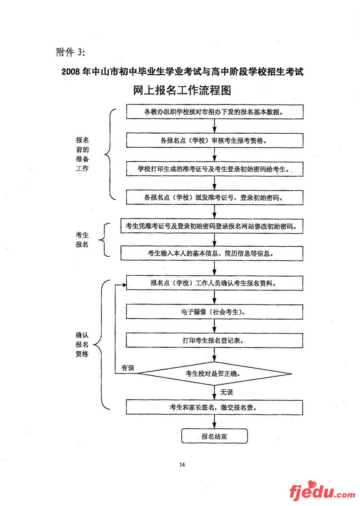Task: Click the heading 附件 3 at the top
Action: tap(70, 52)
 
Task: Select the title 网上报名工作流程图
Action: tap(182, 90)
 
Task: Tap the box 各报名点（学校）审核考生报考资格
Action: tap(215, 140)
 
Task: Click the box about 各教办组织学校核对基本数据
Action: tap(215, 112)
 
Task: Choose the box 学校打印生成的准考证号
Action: tap(215, 169)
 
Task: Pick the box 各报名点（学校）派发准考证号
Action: tap(215, 197)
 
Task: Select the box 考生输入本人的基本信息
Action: tap(212, 253)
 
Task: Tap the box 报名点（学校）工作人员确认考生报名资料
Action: tap(215, 283)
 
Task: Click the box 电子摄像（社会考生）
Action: tap(215, 312)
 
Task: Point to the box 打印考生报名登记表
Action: tap(215, 340)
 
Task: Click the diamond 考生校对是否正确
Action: tap(215, 373)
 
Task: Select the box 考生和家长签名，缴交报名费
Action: tap(215, 407)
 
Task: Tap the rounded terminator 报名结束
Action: tap(214, 436)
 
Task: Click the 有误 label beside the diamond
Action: tap(127, 368)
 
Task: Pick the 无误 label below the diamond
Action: tap(226, 392)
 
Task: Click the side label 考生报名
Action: tap(82, 240)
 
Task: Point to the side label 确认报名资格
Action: tap(82, 345)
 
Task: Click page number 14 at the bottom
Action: tap(182, 465)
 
